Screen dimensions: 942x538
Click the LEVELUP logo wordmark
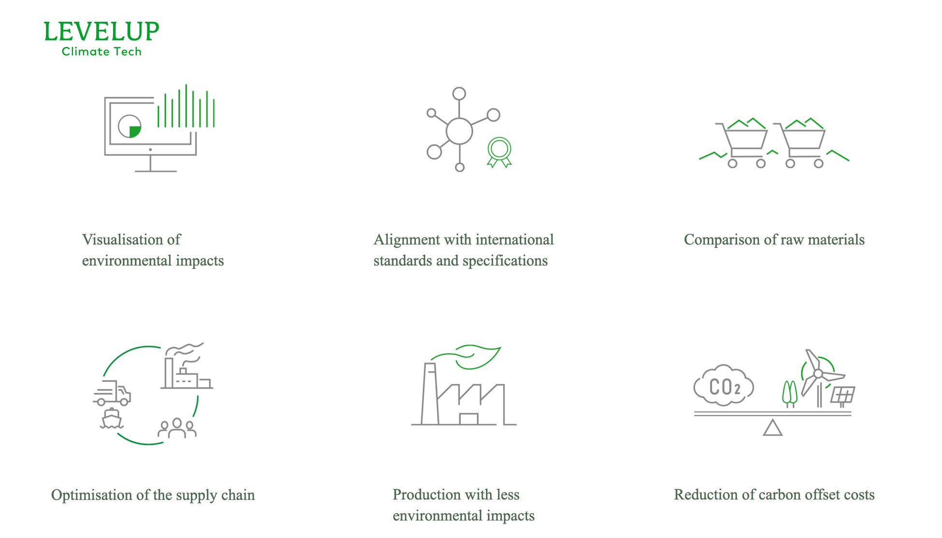pos(101,31)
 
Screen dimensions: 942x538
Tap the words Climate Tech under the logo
pos(101,52)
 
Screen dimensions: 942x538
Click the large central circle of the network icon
pos(459,131)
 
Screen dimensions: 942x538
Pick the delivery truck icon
pos(113,393)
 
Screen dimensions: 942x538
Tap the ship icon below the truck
pos(112,419)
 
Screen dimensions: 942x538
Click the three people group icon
pos(177,428)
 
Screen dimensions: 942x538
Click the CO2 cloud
pos(723,386)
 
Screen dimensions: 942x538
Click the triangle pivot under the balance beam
pos(772,428)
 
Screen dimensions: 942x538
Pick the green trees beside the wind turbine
pos(790,393)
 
